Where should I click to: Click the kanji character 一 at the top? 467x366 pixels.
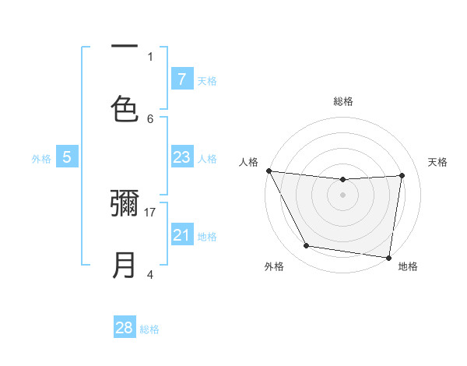[125, 46]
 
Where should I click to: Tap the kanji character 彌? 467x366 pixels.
[125, 202]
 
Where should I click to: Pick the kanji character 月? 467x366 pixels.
[125, 265]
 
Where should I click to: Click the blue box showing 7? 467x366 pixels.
[181, 79]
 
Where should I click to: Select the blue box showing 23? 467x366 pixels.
[181, 157]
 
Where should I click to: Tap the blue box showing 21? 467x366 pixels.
[181, 235]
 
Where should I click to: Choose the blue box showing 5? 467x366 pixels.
[67, 157]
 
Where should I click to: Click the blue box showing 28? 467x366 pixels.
[125, 328]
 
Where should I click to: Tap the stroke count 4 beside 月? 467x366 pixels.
[150, 274]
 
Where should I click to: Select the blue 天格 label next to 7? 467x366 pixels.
[207, 80]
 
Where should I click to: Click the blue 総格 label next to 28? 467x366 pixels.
[149, 329]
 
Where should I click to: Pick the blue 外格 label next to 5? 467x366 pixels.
[41, 159]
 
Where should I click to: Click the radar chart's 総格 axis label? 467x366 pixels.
[343, 101]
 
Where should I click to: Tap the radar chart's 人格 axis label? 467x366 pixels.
[249, 162]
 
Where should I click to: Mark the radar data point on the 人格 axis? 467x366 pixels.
[269, 171]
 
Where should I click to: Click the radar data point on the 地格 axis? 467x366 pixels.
[389, 257]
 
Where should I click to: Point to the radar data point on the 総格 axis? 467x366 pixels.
[343, 180]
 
